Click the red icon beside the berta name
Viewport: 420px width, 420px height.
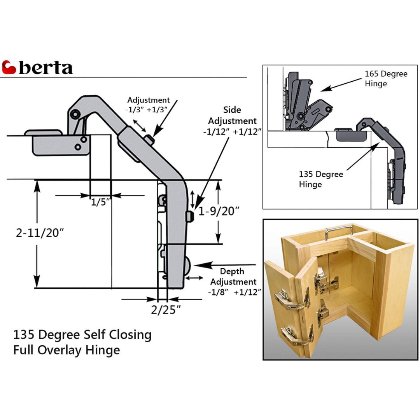click(x=9, y=67)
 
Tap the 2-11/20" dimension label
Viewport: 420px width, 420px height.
click(x=40, y=233)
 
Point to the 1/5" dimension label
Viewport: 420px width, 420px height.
click(x=101, y=203)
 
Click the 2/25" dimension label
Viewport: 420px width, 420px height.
click(x=166, y=310)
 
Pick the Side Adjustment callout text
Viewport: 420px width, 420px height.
click(x=232, y=115)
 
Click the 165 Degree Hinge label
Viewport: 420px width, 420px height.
click(x=385, y=78)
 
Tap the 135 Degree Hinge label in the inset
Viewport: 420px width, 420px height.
click(x=321, y=179)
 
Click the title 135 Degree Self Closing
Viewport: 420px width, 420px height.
click(x=82, y=334)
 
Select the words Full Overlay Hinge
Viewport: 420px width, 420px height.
click(x=66, y=350)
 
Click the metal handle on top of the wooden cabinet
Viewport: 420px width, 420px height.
click(x=339, y=233)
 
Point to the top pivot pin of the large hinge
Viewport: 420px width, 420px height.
click(x=75, y=114)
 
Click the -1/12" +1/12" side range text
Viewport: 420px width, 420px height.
click(x=232, y=132)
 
